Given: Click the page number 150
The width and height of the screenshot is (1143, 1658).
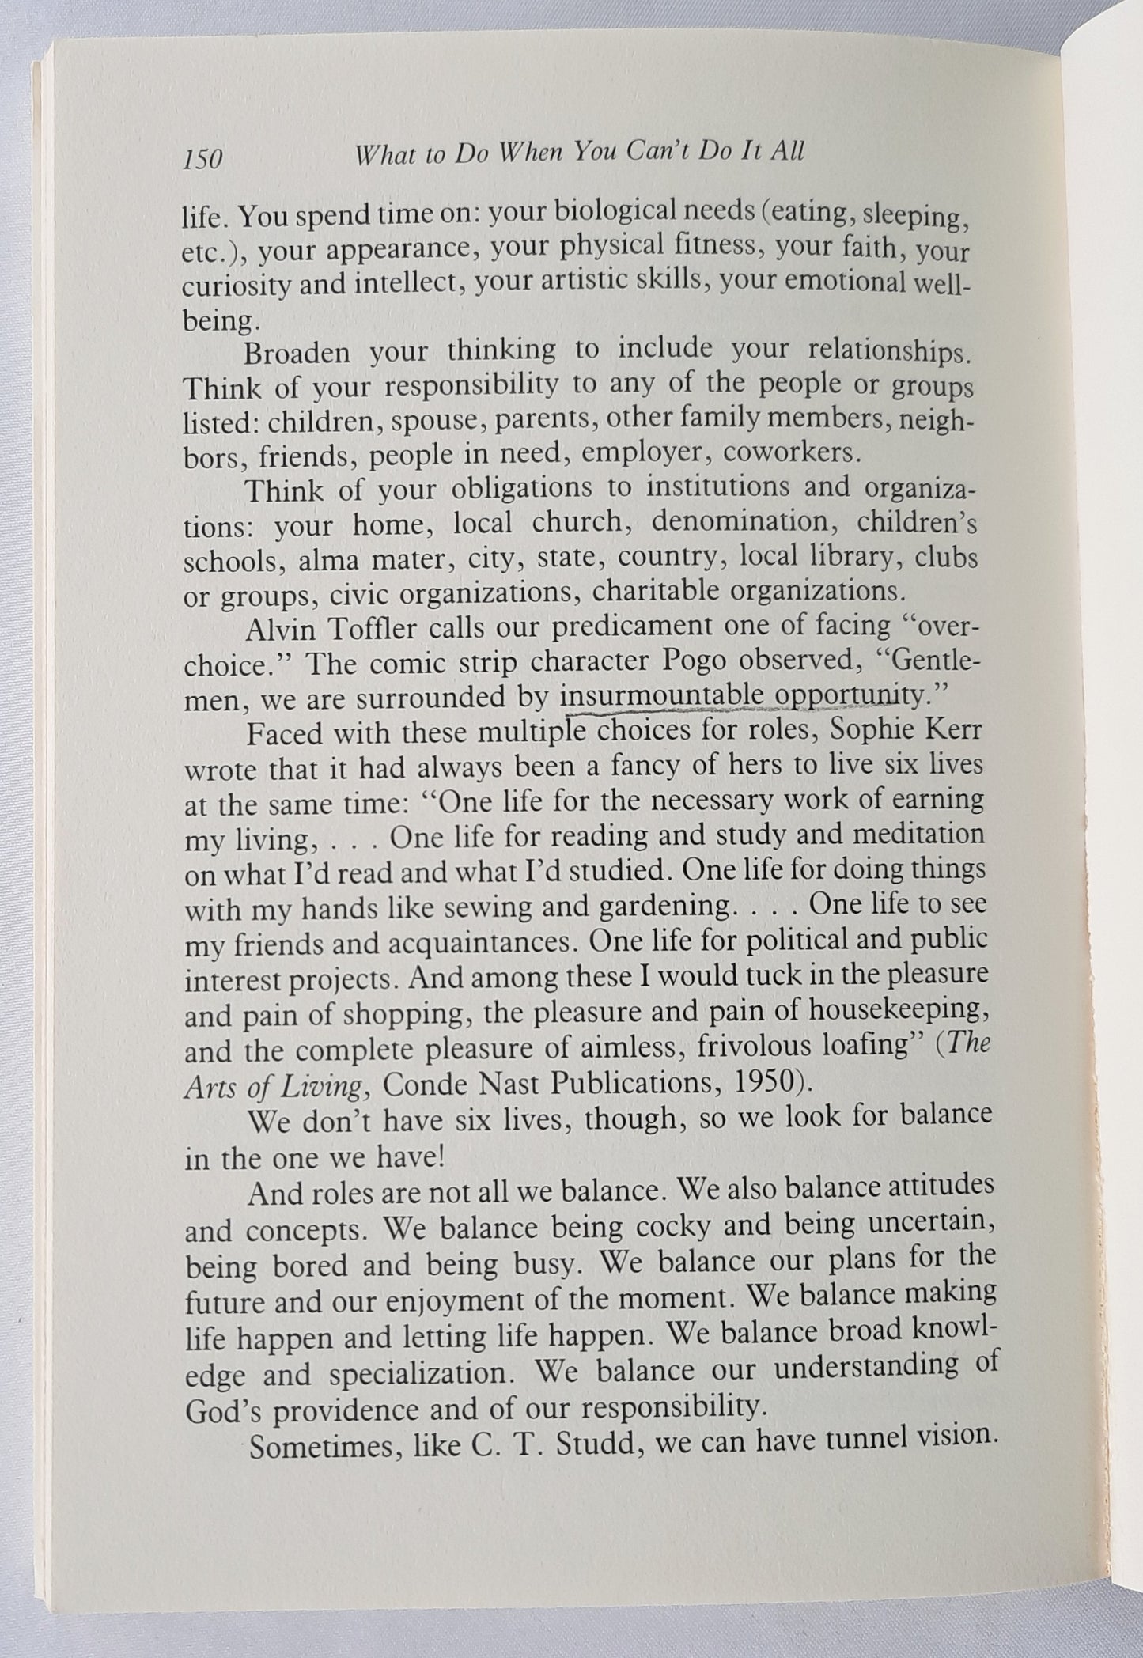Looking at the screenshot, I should (202, 159).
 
